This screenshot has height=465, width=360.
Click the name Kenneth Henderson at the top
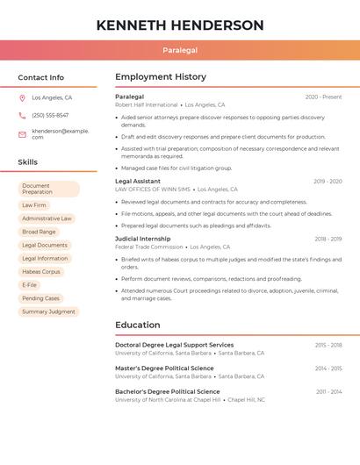(x=180, y=25)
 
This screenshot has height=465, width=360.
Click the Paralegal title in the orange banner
(x=180, y=51)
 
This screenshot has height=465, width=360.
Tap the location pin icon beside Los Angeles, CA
(x=22, y=98)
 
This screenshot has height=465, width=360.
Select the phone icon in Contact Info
(x=22, y=115)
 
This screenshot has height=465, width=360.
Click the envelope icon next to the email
(x=22, y=133)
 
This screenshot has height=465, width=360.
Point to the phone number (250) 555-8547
(x=50, y=115)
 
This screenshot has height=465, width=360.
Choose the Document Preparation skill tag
(x=48, y=189)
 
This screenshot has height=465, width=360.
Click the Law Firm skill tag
(x=34, y=205)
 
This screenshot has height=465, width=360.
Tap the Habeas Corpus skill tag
(x=41, y=272)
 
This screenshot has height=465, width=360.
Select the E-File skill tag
(x=30, y=285)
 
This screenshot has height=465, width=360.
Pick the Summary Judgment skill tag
(x=48, y=311)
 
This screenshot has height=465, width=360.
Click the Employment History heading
(x=161, y=77)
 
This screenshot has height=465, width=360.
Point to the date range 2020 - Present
(x=323, y=97)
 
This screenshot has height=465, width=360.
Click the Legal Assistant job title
(x=137, y=182)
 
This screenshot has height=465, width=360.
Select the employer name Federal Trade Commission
(x=148, y=247)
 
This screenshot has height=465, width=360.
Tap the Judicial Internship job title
(x=142, y=239)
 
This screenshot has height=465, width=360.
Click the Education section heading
(x=137, y=325)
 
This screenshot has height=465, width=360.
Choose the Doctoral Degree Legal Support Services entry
(x=174, y=345)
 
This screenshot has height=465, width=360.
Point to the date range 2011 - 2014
(x=328, y=391)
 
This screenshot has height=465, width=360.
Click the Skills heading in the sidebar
(x=28, y=162)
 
